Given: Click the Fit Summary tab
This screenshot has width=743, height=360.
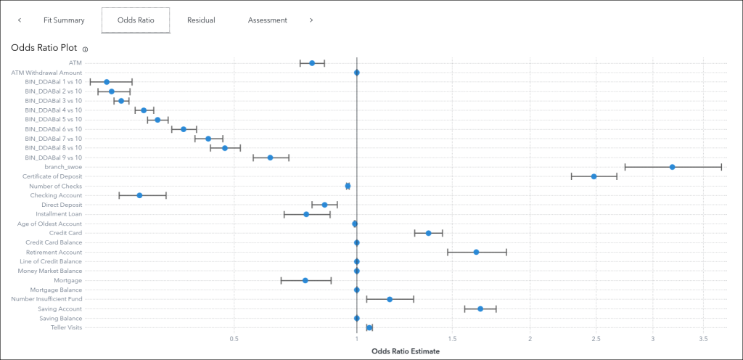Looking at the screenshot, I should [x=64, y=20].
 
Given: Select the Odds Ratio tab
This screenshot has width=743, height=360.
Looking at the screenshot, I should [x=135, y=20].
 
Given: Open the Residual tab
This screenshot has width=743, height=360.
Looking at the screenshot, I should [x=201, y=20].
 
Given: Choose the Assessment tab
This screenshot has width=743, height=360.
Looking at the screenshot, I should [x=267, y=20].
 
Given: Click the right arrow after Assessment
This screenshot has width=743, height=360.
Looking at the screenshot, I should [x=311, y=20].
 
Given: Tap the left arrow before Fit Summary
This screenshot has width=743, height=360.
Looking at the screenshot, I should [x=20, y=20].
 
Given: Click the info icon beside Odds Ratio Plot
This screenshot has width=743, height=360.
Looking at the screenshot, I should [x=85, y=49].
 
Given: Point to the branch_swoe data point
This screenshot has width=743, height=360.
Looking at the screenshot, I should [x=672, y=167].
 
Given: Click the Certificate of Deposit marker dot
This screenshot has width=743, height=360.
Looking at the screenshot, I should [x=594, y=176].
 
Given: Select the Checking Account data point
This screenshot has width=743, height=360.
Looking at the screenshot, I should [x=139, y=195].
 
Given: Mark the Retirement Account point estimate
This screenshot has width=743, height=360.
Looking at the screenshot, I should [x=476, y=252].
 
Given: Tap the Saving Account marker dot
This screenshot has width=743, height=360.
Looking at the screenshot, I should [x=480, y=308].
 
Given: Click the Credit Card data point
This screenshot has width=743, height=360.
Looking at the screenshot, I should [x=428, y=233].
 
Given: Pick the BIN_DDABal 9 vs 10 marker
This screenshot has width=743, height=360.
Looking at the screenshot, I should [x=270, y=157].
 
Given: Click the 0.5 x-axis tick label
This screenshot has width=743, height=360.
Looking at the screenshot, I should [x=234, y=339].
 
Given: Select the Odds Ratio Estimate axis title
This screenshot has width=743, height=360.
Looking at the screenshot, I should [x=405, y=351].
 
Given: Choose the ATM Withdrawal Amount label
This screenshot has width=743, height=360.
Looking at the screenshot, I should [x=46, y=73].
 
